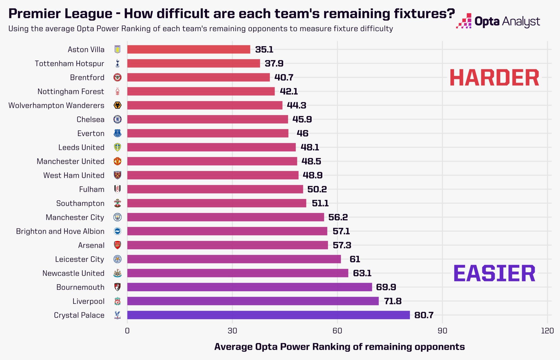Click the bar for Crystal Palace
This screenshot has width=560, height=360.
point(268,315)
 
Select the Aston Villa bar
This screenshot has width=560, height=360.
point(189,49)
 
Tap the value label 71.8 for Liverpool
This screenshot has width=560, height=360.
point(393,301)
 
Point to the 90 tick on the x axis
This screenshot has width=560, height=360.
point(442,331)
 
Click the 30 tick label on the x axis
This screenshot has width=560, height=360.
point(232,331)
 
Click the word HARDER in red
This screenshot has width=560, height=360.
point(494,78)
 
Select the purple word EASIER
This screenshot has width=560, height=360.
point(494,273)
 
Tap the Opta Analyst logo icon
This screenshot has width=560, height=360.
point(464,21)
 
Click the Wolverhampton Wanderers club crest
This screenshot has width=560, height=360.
point(117,105)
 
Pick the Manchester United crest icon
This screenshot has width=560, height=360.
point(117,161)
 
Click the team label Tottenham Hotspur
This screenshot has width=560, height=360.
point(69,64)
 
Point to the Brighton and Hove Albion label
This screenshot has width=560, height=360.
point(60,231)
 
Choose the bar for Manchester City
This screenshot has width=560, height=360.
point(226,217)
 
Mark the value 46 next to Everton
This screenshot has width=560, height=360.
point(302,133)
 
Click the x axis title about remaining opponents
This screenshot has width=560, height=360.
point(339,347)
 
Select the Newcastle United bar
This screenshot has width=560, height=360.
point(238,273)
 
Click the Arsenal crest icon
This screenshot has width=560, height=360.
point(117,245)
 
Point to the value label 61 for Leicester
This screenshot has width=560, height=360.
point(355,259)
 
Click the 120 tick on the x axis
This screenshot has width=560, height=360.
point(547,331)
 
